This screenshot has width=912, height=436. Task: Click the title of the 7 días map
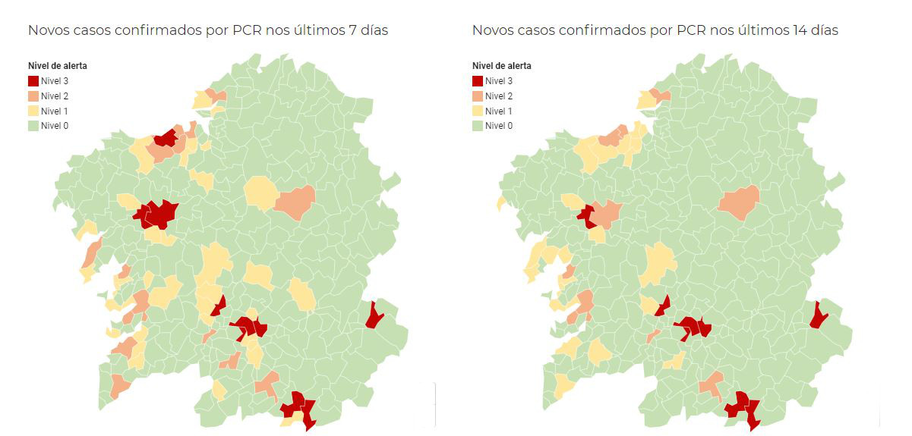[x=208, y=30]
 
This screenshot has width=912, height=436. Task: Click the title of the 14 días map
[x=655, y=30]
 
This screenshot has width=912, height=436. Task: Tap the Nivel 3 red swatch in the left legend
[x=33, y=81]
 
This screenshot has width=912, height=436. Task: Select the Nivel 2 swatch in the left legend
[x=33, y=96]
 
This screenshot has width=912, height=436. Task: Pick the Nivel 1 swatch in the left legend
[x=33, y=111]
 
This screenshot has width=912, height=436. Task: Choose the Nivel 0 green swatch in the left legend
[x=33, y=126]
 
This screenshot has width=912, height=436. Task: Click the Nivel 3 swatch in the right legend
[x=478, y=81]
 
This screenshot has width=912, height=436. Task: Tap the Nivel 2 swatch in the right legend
[x=478, y=96]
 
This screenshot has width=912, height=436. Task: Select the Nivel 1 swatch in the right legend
[x=478, y=111]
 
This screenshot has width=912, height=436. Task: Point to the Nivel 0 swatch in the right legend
[x=478, y=126]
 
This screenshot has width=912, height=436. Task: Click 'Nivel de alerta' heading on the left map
[x=58, y=66]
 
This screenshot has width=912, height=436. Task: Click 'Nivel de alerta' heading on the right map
[x=502, y=66]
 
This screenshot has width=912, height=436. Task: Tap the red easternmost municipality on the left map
[x=374, y=315]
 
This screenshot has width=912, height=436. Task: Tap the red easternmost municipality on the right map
[x=818, y=315]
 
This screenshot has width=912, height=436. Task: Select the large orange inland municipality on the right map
[x=738, y=202]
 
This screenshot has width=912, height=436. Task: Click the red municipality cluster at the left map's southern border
[x=297, y=408]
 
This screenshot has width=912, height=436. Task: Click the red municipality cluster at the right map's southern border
[x=742, y=408]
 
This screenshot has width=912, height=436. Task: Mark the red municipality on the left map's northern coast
[x=166, y=137]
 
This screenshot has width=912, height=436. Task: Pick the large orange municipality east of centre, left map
[x=295, y=202]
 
